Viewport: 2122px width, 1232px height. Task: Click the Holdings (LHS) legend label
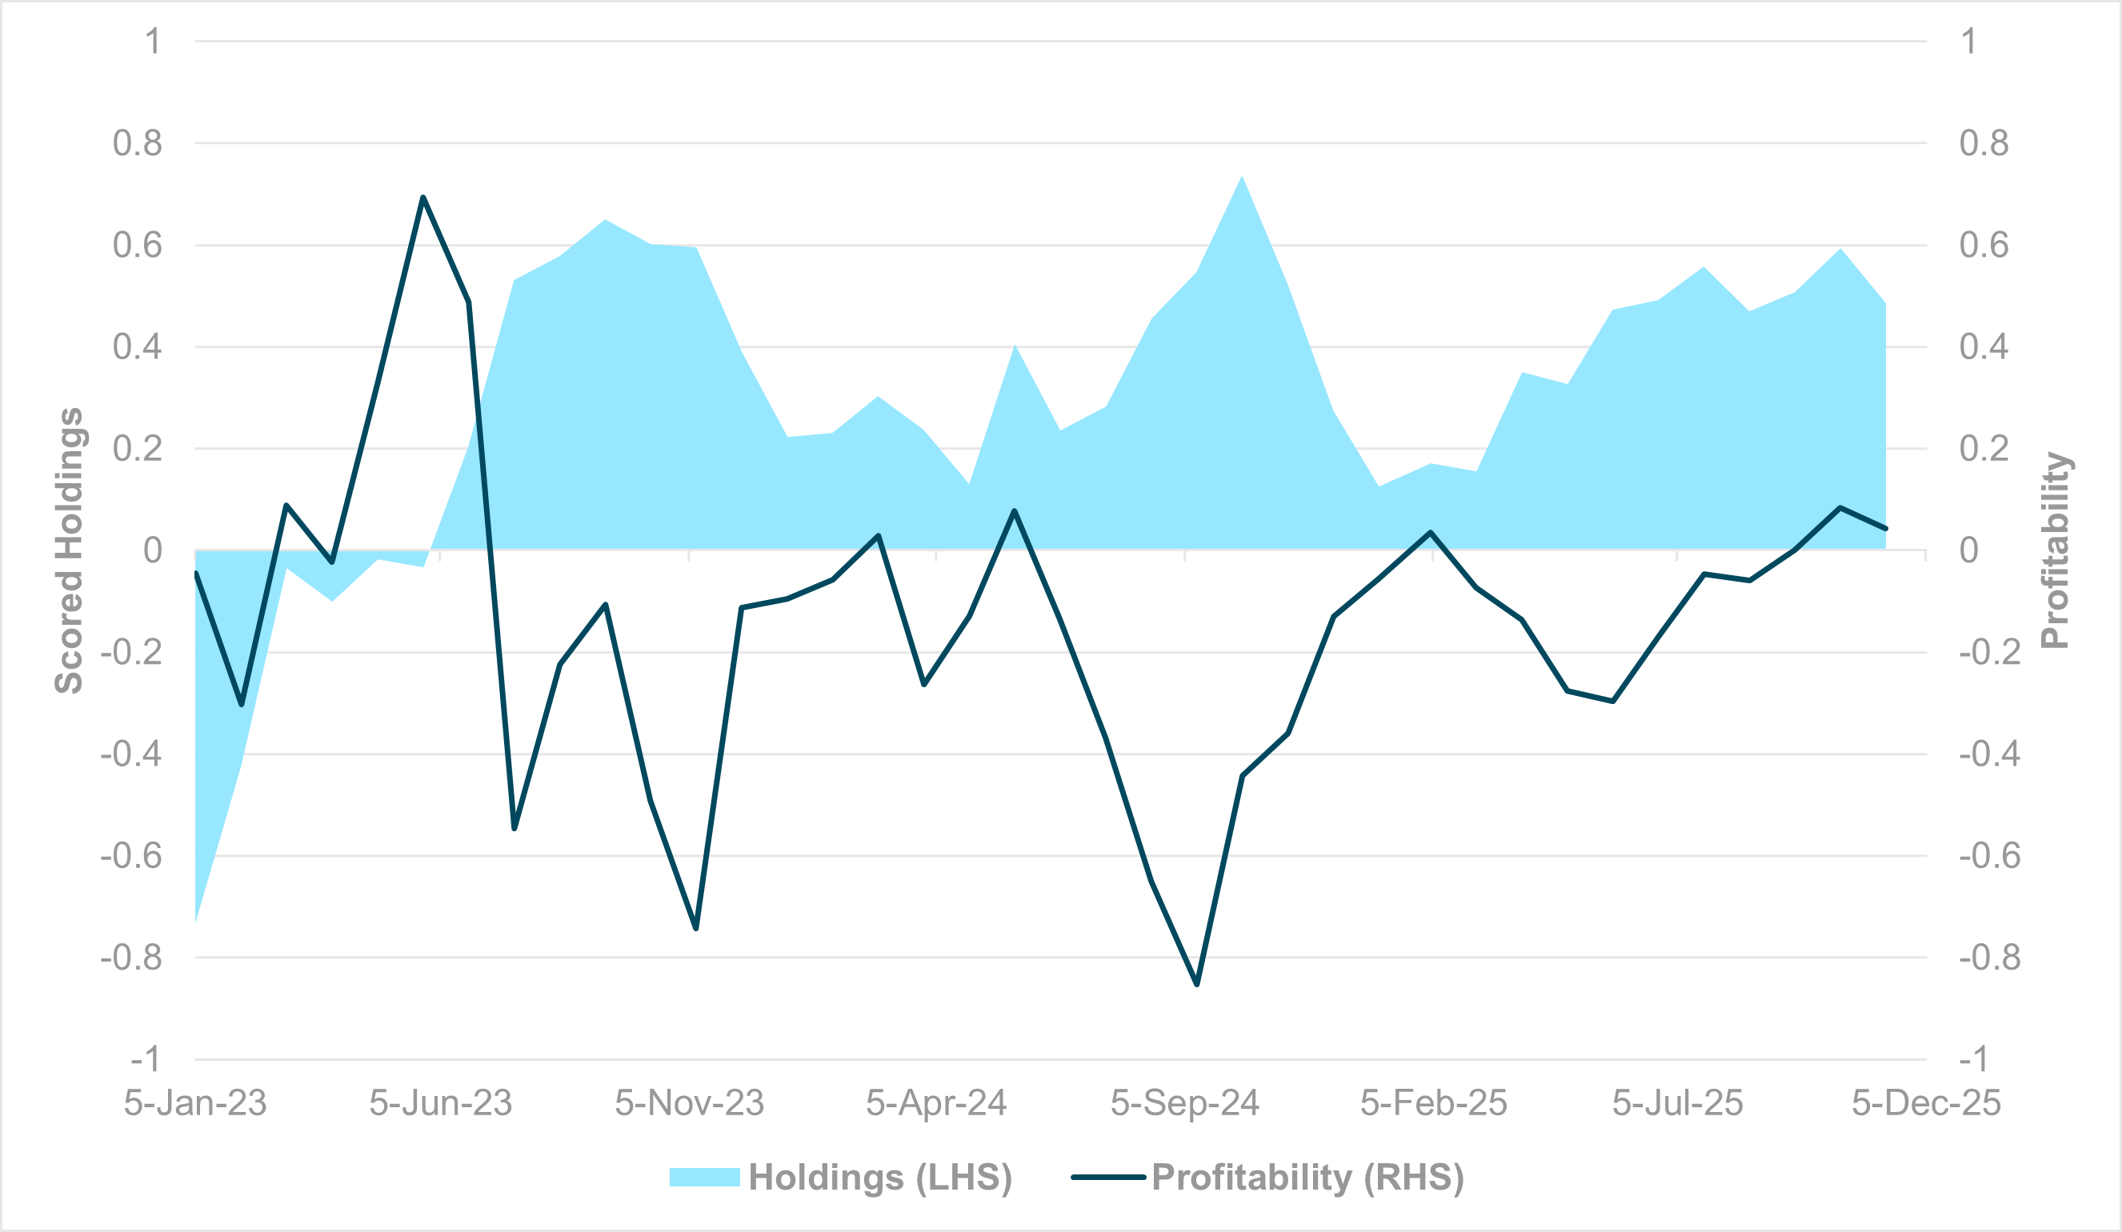[x=880, y=1178]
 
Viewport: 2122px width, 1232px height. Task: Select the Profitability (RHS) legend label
[x=1307, y=1178]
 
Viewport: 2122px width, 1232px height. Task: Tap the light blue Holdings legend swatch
[x=704, y=1178]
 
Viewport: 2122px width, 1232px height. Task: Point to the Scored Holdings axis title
[x=69, y=550]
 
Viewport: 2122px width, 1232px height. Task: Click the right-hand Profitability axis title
[x=2056, y=550]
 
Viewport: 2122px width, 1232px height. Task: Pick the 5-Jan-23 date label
[x=195, y=1103]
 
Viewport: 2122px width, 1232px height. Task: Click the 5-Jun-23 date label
[x=440, y=1103]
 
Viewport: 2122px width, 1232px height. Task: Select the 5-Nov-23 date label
[x=689, y=1103]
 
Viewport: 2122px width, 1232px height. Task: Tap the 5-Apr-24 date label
[x=936, y=1103]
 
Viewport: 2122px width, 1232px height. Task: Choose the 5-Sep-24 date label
[x=1185, y=1103]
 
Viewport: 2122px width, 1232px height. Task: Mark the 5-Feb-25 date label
[x=1433, y=1103]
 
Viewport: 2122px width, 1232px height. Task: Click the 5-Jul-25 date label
[x=1677, y=1103]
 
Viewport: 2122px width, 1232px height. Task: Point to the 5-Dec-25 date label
[x=1926, y=1103]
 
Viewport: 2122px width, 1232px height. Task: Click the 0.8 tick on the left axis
[x=138, y=144]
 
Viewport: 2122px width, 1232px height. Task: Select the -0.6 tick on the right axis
[x=1989, y=857]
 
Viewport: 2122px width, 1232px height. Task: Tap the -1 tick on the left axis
[x=145, y=1059]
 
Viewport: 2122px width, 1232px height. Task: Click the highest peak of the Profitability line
[x=422, y=197]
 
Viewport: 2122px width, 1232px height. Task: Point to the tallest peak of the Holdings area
[x=1242, y=176]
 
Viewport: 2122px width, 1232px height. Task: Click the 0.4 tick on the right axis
[x=1983, y=347]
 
